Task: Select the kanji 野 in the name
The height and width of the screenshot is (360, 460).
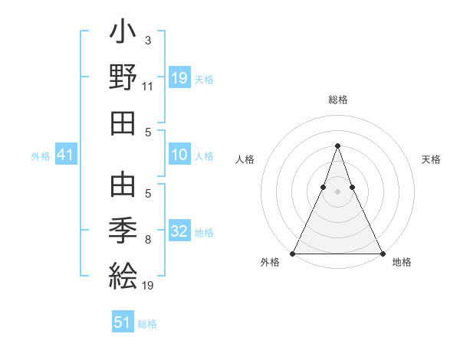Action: [123, 78]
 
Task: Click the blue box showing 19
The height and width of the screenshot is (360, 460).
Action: [179, 78]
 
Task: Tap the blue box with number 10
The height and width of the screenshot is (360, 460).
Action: [179, 155]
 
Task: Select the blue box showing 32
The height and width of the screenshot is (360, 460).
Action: [179, 231]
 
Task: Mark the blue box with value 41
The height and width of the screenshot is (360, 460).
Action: [65, 155]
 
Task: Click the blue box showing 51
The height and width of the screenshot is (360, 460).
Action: [123, 322]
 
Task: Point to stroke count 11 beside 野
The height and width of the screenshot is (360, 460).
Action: [148, 87]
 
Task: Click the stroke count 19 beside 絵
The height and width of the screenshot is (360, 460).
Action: [148, 286]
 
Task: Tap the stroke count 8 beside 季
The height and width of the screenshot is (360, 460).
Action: [148, 240]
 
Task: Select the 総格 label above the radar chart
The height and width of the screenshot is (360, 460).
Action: [337, 100]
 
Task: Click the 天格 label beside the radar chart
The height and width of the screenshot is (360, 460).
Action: [431, 159]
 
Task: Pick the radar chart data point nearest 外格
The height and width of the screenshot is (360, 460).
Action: [293, 254]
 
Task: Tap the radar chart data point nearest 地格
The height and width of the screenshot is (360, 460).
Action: [382, 254]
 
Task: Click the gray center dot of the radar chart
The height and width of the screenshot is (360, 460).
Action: [337, 192]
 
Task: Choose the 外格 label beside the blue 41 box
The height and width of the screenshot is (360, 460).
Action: [41, 156]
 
